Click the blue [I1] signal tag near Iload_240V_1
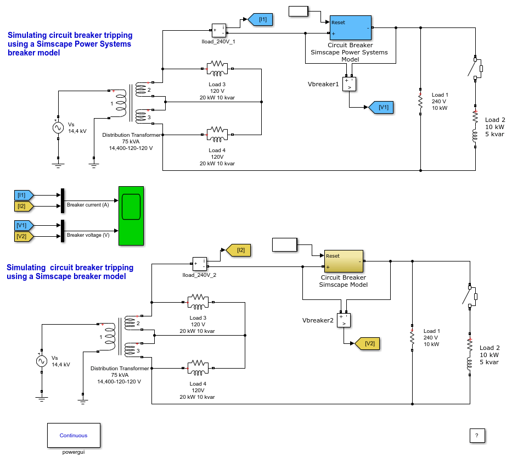tap(261, 20)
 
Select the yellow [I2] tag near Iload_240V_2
tap(238, 250)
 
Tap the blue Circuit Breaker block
tap(350, 28)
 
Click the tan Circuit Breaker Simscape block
tap(344, 261)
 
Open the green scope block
tap(131, 216)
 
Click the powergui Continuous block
tap(74, 435)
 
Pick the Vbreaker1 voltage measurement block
tap(349, 84)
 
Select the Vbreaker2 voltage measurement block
tap(344, 320)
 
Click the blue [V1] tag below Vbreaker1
tap(381, 107)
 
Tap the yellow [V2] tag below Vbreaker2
tap(367, 344)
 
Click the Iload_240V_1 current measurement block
tap(219, 30)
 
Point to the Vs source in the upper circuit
tap(58, 127)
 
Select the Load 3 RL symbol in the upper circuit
tap(217, 69)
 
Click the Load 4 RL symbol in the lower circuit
tap(198, 368)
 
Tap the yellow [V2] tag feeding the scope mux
tap(24, 236)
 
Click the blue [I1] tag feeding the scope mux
tap(24, 195)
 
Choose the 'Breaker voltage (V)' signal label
tap(88, 235)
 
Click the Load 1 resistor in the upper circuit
tap(420, 102)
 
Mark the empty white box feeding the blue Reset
tap(299, 12)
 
